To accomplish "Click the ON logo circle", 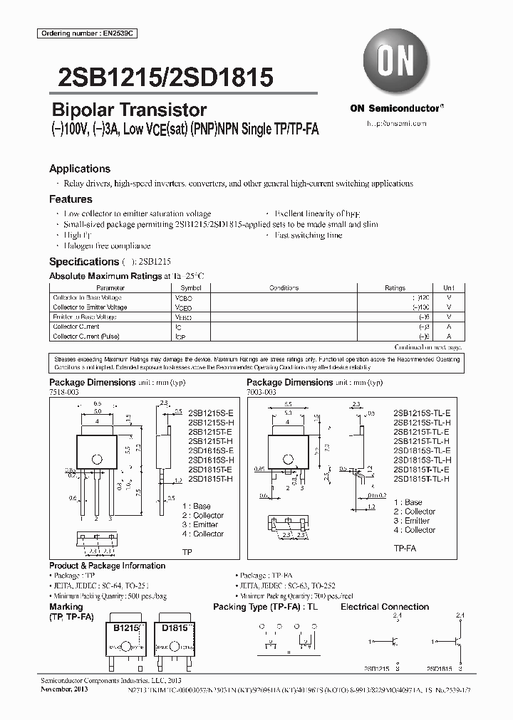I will pos(397,61).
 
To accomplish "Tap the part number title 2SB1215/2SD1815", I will pos(161,77).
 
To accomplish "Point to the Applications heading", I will pos(80,169).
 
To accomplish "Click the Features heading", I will pos(71,199).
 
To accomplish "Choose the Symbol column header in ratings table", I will pos(183,288).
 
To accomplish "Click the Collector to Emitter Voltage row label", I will pos(90,307).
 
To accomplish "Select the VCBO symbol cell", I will pos(183,298).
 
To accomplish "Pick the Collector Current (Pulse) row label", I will pos(86,336).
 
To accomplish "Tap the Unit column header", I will pos(448,288).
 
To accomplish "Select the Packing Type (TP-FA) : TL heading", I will pos(265,607).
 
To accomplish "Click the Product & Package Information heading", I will pos(107,566).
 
